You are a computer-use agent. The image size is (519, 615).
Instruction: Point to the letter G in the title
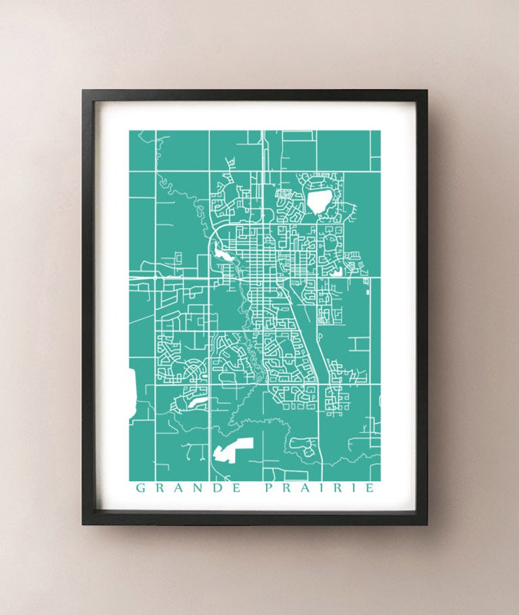pos(140,488)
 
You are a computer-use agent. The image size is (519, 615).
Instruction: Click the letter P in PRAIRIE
pos(268,488)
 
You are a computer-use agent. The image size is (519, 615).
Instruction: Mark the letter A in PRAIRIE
pos(303,488)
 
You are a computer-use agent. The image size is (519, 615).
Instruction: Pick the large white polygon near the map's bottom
pos(231,450)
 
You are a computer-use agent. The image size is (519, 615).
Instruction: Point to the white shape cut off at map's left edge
pos(132,392)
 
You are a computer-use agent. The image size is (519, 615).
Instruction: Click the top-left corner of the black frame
pos(84,91)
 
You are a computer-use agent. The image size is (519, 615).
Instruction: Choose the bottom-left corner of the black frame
pos(84,524)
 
